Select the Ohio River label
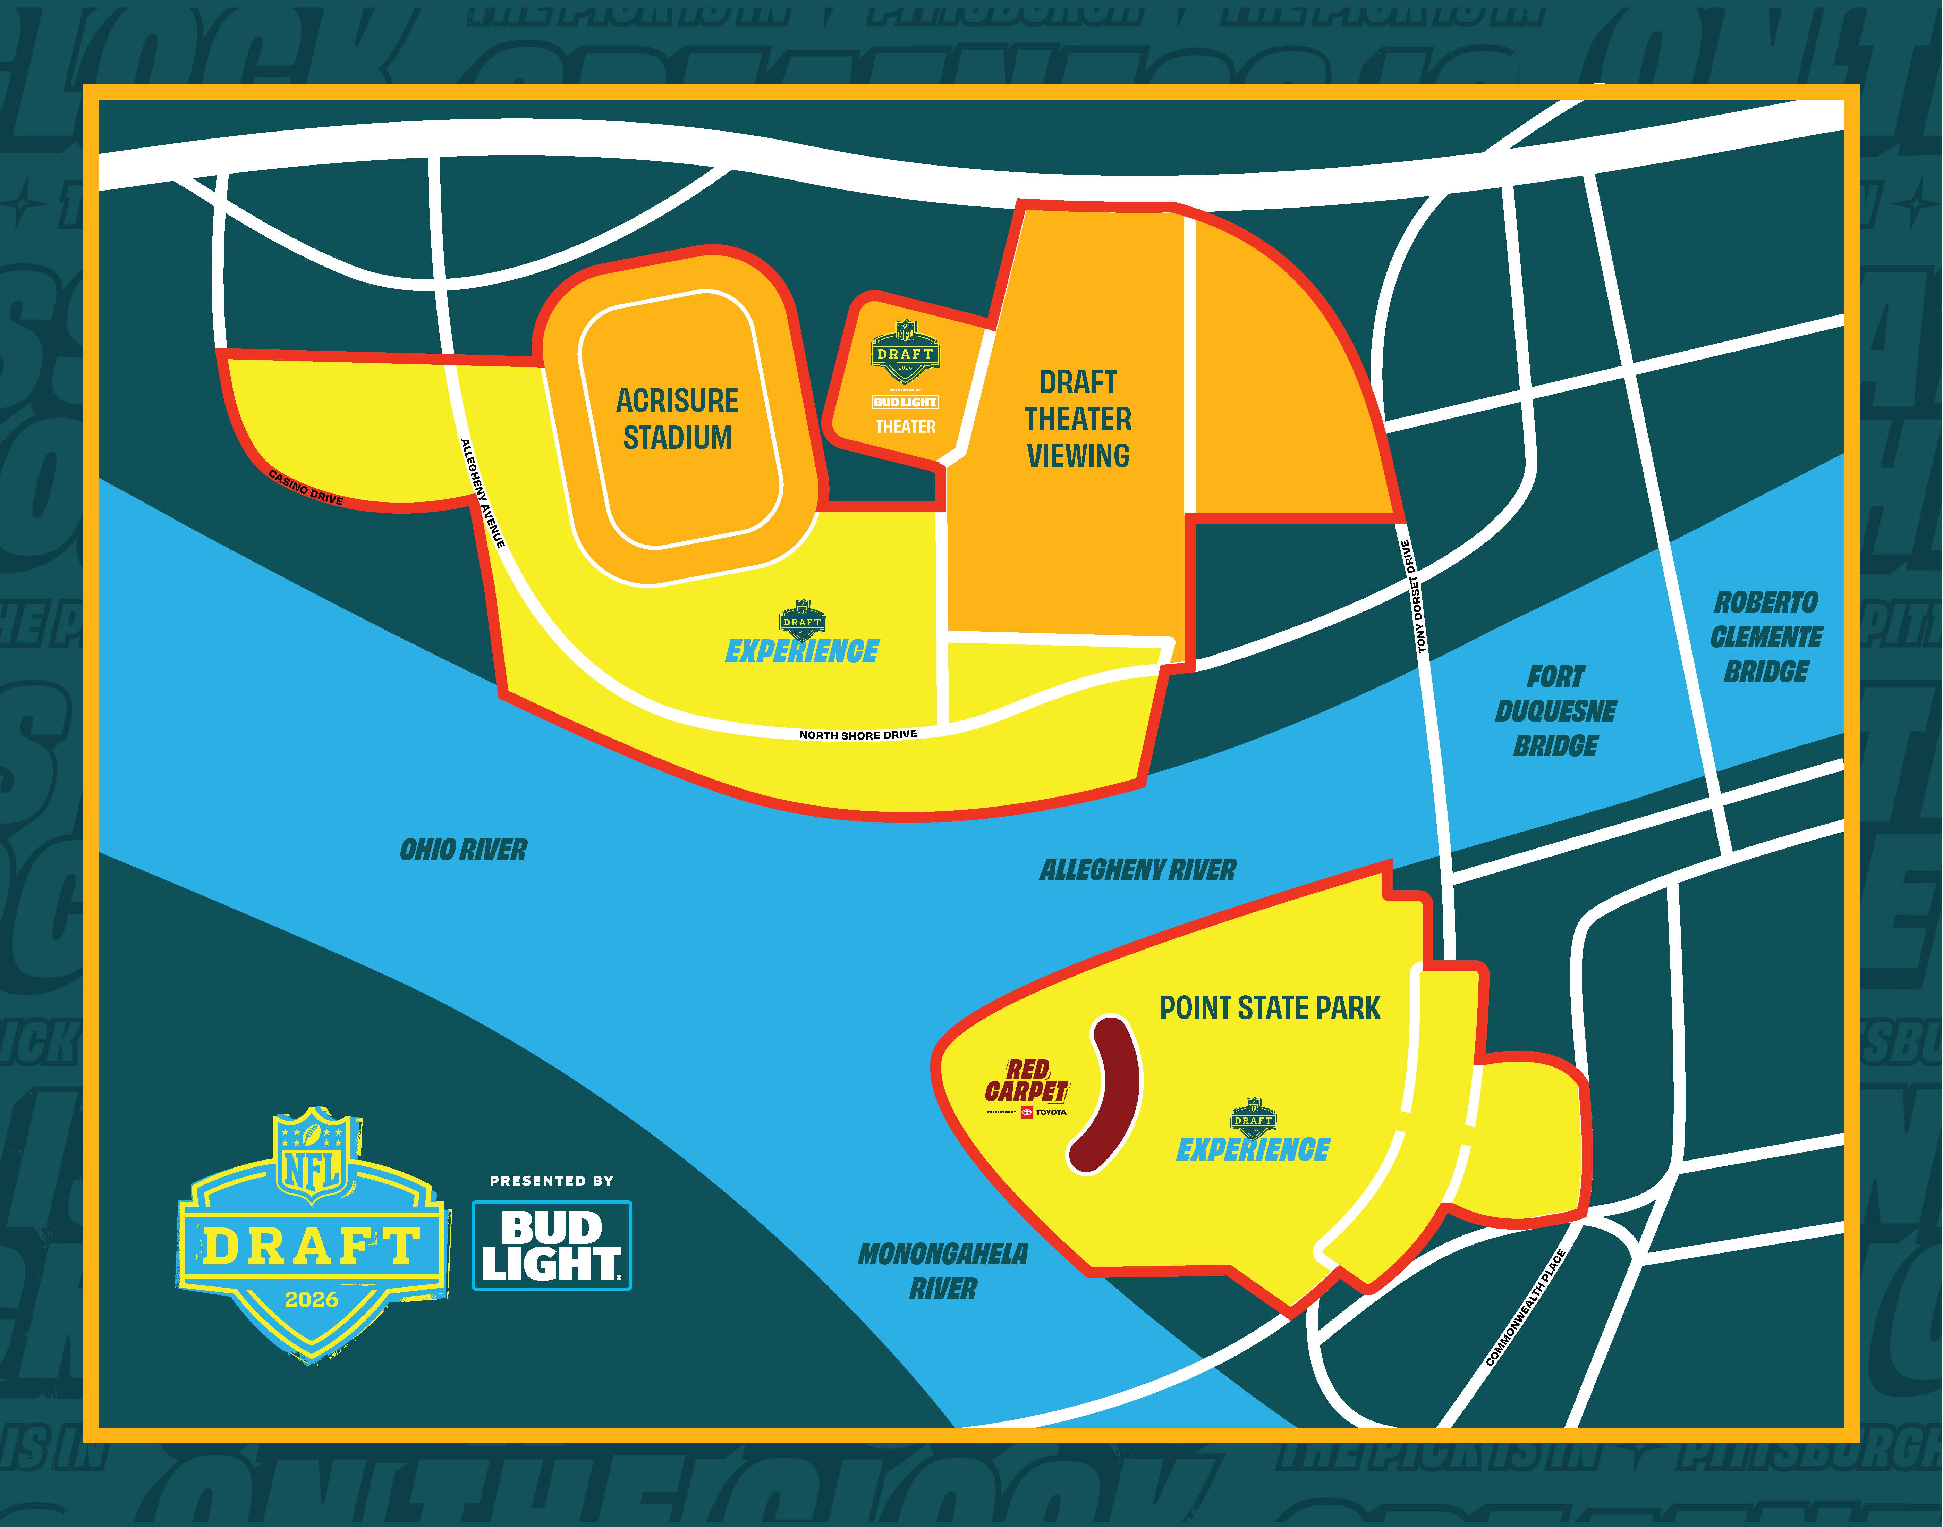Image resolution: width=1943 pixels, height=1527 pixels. point(463,849)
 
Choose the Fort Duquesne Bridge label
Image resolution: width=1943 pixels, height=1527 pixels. point(1555,711)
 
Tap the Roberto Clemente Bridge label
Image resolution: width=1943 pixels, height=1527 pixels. point(1765,636)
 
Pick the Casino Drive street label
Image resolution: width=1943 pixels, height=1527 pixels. point(306,487)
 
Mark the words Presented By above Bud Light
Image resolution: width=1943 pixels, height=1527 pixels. point(551,1181)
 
